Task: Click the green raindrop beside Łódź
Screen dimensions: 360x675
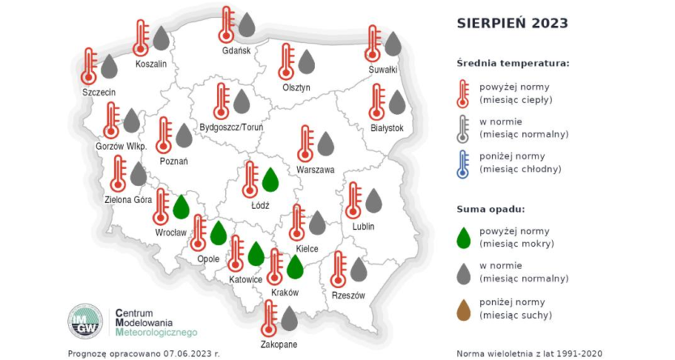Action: (x=270, y=179)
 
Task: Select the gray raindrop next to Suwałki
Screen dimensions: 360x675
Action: (x=393, y=44)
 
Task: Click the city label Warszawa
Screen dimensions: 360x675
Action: (x=316, y=171)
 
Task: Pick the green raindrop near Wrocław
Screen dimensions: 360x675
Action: (x=181, y=207)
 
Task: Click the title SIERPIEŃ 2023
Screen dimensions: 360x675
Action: (x=512, y=23)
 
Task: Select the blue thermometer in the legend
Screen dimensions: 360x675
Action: (x=462, y=162)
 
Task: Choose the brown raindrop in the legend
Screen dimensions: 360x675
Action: (x=464, y=308)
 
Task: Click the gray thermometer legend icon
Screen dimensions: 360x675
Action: (x=462, y=127)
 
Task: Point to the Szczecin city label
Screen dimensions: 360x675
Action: (x=99, y=92)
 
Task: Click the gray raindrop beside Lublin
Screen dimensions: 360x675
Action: (x=373, y=200)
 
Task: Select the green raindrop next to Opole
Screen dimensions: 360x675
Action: (x=219, y=234)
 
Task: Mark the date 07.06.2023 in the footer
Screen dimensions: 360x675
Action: (x=185, y=354)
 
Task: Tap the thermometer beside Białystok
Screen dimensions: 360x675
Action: (x=376, y=103)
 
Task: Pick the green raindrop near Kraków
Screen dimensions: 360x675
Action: (x=295, y=265)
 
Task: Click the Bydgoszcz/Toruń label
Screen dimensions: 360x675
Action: (x=231, y=127)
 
